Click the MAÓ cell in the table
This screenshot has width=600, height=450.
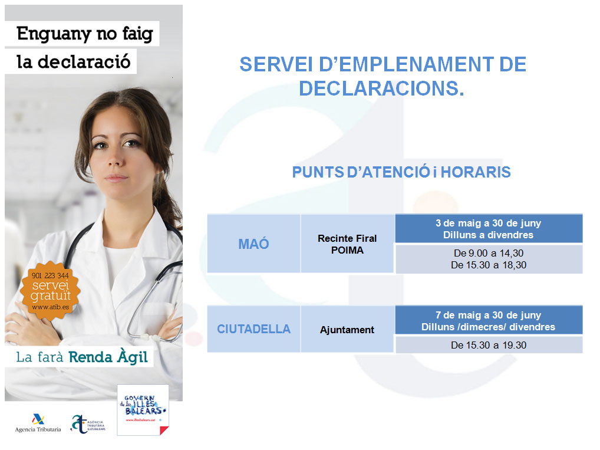pyautogui.click(x=253, y=244)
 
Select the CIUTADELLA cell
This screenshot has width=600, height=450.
pyautogui.click(x=253, y=329)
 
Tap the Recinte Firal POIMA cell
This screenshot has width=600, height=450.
pyautogui.click(x=347, y=244)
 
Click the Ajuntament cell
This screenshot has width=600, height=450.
pyautogui.click(x=347, y=330)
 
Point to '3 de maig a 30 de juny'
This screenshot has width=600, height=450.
pyautogui.click(x=488, y=224)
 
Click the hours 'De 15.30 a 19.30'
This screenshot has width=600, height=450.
pyautogui.click(x=488, y=346)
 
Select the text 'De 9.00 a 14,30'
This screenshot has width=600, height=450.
pyautogui.click(x=488, y=254)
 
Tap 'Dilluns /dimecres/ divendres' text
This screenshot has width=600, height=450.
pyautogui.click(x=488, y=327)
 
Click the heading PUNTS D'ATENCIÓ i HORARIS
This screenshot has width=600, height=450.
pyautogui.click(x=401, y=172)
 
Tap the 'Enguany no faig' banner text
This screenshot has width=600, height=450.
pyautogui.click(x=84, y=34)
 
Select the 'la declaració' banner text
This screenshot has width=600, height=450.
pyautogui.click(x=73, y=62)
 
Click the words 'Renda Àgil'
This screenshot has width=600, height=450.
pyautogui.click(x=108, y=357)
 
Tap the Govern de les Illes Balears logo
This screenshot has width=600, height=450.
pyautogui.click(x=142, y=409)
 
